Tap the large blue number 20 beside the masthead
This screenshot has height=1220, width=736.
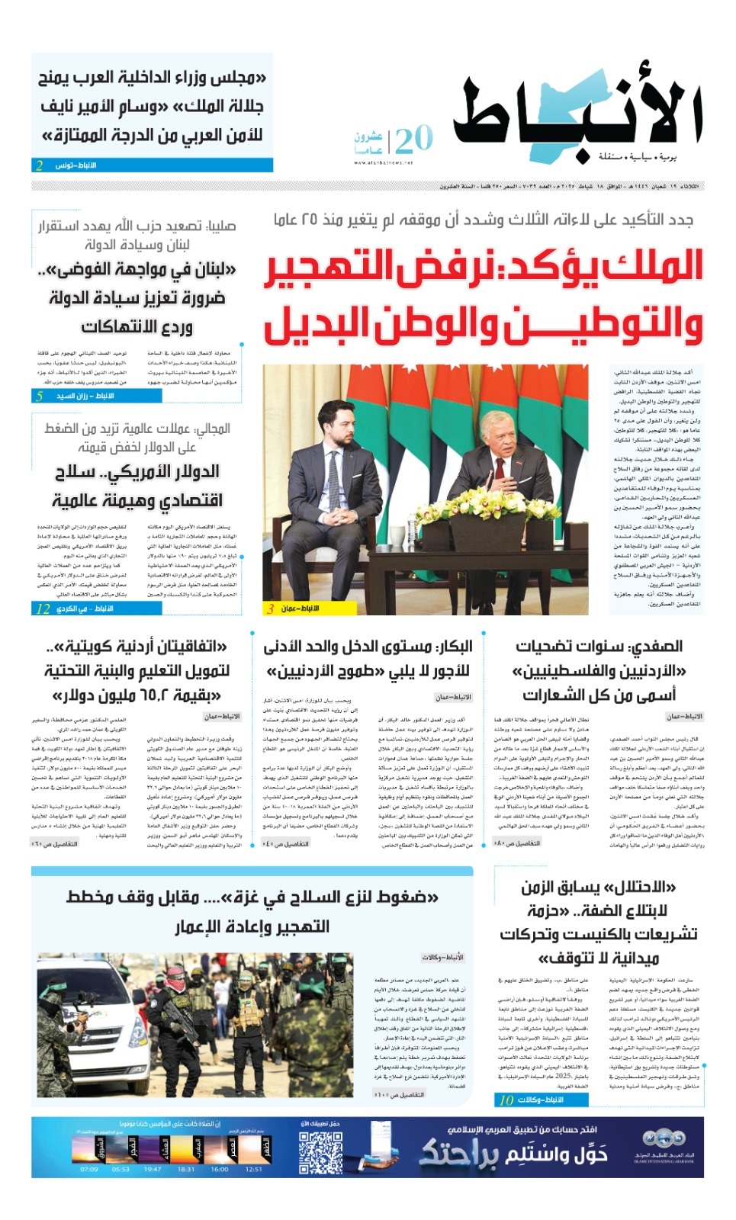(414, 140)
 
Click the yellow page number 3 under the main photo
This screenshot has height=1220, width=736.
(271, 608)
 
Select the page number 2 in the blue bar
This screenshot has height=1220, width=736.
(40, 165)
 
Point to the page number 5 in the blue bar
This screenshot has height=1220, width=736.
(40, 396)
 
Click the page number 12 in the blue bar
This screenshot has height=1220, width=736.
(43, 608)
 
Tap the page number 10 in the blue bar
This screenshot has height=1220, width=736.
(506, 1100)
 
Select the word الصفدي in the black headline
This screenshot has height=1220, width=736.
(655, 647)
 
